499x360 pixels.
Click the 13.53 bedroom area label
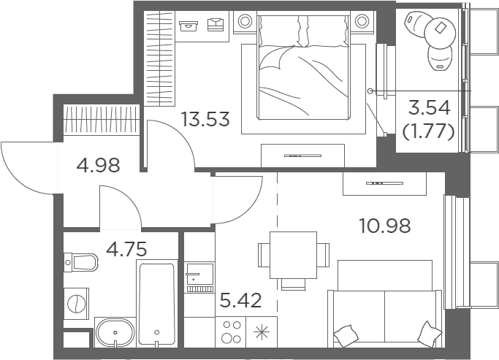click(x=205, y=119)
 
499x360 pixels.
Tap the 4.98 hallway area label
click(x=99, y=165)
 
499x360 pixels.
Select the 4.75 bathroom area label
click(x=126, y=249)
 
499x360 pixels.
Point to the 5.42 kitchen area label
click(x=240, y=300)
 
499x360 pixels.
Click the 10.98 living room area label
click(x=385, y=226)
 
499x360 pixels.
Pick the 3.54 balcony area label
click(x=430, y=107)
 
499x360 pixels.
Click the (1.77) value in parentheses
click(x=428, y=131)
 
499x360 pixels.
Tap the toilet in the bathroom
click(x=80, y=262)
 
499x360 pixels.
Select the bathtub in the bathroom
click(x=157, y=304)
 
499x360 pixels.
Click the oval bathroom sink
click(x=115, y=332)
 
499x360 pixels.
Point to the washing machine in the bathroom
click(x=77, y=303)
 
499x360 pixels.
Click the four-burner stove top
click(x=231, y=332)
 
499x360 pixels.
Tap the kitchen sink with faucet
click(x=199, y=277)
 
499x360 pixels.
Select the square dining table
click(x=293, y=255)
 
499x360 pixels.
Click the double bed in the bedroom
click(x=303, y=66)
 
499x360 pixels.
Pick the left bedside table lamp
click(x=245, y=21)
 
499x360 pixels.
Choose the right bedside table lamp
click(x=362, y=21)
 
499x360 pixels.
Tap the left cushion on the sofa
click(x=346, y=336)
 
